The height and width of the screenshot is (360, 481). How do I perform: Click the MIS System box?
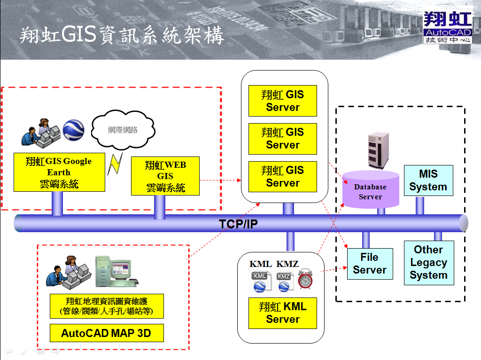428,180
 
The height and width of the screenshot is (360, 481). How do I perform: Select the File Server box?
370,264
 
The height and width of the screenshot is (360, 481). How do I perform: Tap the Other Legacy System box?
429,263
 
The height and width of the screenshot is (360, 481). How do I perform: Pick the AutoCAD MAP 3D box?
107,333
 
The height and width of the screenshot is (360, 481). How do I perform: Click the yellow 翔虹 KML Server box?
282,313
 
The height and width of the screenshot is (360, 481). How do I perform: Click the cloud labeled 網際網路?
123,130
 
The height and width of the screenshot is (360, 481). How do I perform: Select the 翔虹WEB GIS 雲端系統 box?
165,176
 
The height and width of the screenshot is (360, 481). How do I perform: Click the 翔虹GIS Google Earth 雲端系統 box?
59,172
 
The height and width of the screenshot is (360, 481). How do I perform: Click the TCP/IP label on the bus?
238,224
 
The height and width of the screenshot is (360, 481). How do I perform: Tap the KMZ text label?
287,264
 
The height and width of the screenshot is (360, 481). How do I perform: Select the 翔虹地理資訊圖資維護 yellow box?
107,306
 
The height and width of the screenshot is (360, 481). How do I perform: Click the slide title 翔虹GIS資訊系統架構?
122,36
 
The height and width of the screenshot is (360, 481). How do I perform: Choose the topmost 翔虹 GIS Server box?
282,101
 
